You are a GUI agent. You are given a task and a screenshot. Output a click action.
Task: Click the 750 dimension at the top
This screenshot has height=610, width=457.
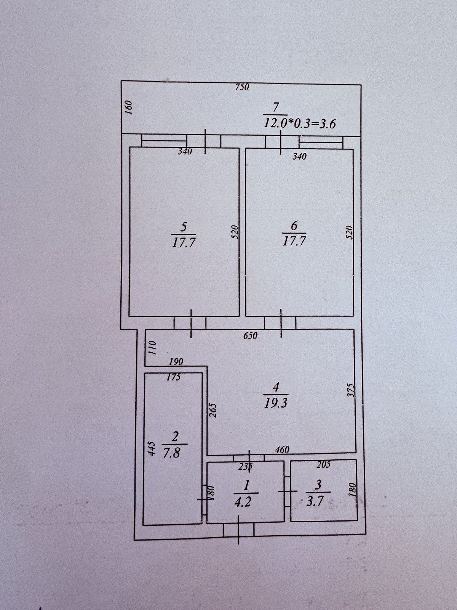click(242, 87)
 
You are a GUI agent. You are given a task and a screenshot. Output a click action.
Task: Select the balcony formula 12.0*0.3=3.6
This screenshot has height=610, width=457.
click(299, 123)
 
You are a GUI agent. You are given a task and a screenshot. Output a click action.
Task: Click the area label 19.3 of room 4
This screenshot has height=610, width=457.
click(275, 404)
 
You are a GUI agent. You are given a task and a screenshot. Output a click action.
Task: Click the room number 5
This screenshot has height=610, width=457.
click(184, 227)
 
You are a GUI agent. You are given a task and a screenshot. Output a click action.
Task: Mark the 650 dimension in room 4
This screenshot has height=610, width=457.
click(250, 336)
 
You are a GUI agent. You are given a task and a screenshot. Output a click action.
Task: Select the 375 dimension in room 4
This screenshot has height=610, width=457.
click(351, 390)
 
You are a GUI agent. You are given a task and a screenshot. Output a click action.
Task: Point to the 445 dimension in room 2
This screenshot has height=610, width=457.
click(151, 448)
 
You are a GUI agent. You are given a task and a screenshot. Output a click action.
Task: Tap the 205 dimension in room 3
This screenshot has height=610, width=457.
click(323, 464)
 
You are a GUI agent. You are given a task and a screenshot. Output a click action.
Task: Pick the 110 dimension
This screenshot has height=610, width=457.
click(152, 347)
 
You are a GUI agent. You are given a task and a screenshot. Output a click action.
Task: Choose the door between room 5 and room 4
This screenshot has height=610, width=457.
click(190, 323)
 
